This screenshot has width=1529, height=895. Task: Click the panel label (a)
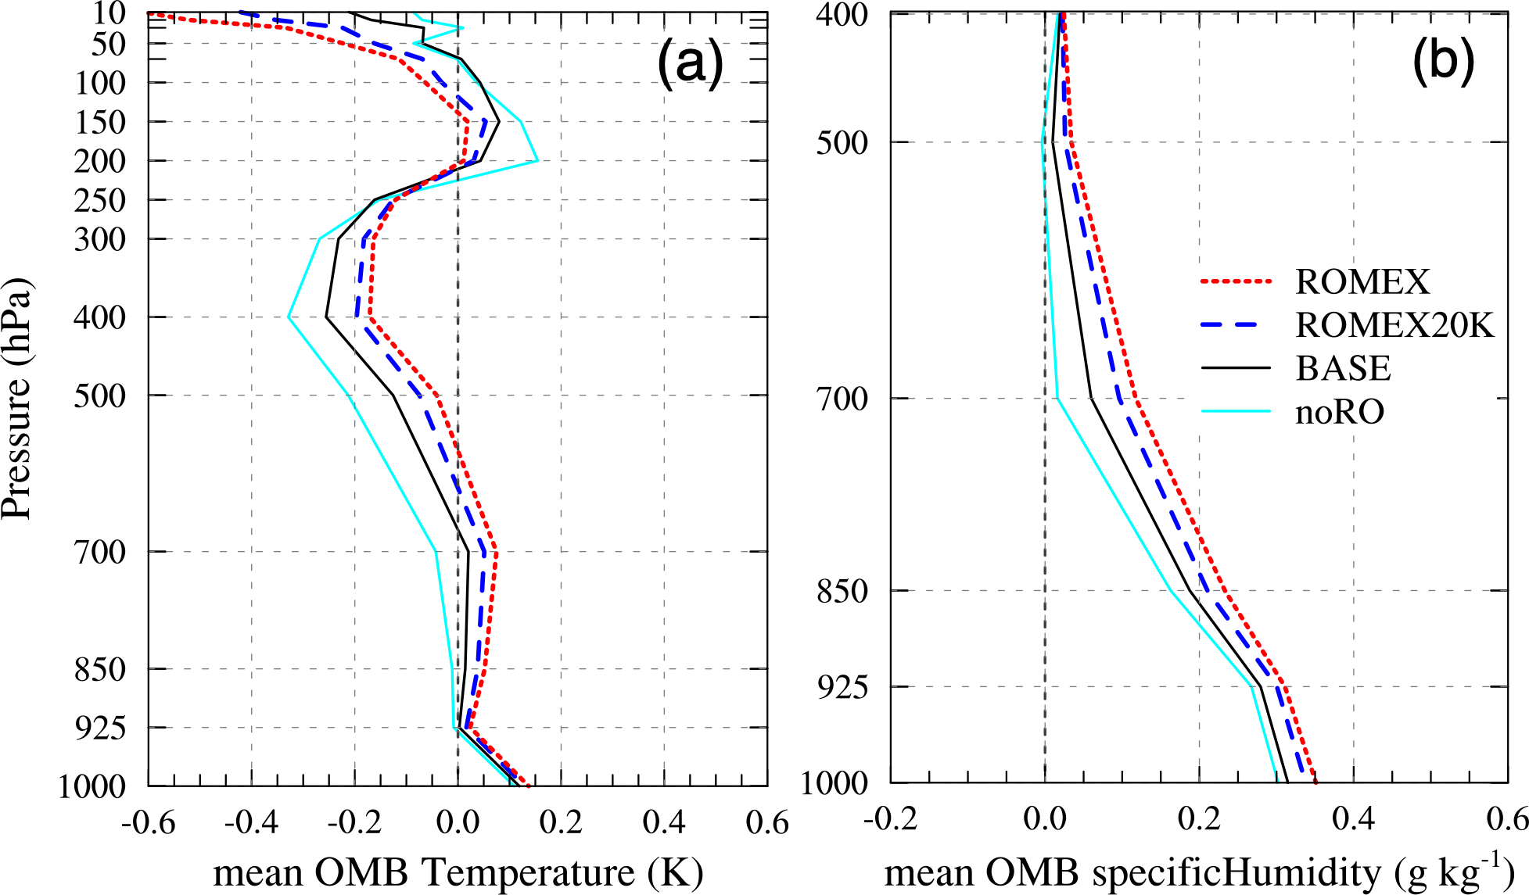(x=690, y=63)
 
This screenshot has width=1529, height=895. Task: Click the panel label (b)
(x=1443, y=63)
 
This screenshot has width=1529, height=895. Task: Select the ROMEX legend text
(x=1362, y=281)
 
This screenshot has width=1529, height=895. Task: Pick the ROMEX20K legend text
(x=1394, y=324)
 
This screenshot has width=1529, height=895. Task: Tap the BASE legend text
(x=1343, y=368)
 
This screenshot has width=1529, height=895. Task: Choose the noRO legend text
(x=1340, y=411)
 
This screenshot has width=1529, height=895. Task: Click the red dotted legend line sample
(x=1236, y=281)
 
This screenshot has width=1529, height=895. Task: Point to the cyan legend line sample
(x=1236, y=411)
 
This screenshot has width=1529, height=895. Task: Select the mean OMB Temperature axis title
(x=458, y=872)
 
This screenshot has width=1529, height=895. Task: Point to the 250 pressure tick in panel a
(x=100, y=200)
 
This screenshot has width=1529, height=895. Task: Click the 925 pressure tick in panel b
(x=842, y=687)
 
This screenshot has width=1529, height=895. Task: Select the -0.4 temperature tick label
(x=252, y=822)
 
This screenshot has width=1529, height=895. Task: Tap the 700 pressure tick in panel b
(x=842, y=399)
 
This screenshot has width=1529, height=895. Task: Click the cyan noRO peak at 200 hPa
(x=537, y=161)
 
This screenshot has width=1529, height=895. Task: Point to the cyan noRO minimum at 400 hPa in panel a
(x=289, y=317)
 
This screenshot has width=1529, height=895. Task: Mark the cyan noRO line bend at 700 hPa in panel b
(x=1057, y=399)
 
